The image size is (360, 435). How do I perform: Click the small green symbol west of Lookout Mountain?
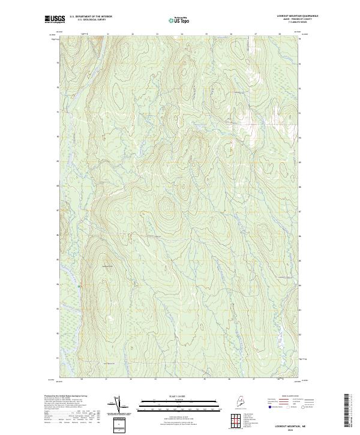click(x=79, y=287)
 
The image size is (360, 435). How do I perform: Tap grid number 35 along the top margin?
click(x=206, y=34)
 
